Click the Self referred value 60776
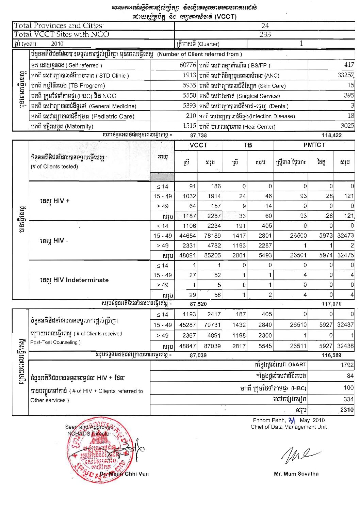(x=187, y=65)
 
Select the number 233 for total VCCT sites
(x=265, y=34)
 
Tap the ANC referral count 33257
(x=345, y=75)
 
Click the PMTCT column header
(x=314, y=145)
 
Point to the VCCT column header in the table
(x=198, y=145)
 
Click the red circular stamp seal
(x=99, y=449)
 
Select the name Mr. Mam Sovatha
(x=296, y=474)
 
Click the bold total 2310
(x=347, y=410)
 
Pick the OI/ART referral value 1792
(x=347, y=365)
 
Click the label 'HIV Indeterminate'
(x=74, y=280)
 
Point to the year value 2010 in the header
(x=57, y=44)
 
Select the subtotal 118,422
(x=331, y=136)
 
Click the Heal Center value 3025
(x=347, y=126)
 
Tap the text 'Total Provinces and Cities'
(x=58, y=26)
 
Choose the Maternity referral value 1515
(x=189, y=126)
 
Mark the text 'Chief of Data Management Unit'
(x=289, y=427)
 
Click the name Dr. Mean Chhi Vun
(x=124, y=474)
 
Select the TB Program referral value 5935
(x=189, y=85)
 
